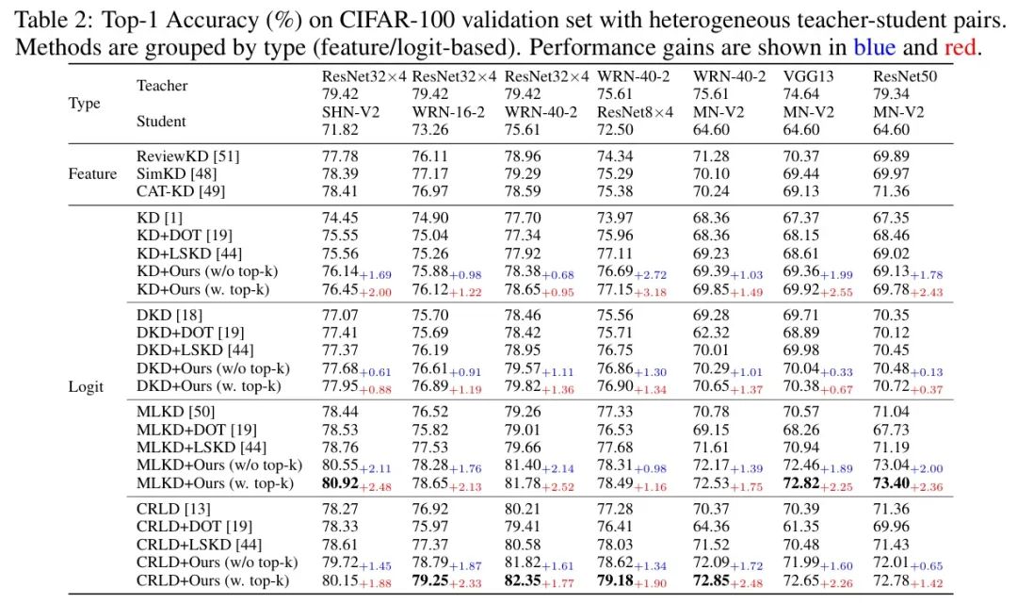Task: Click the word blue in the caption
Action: tap(874, 47)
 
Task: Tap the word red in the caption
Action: tap(960, 47)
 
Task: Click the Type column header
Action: tap(85, 104)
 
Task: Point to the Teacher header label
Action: tap(162, 85)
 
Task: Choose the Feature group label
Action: tap(92, 173)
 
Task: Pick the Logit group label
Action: tap(86, 387)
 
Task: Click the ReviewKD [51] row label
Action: tap(188, 155)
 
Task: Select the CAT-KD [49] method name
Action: tap(181, 191)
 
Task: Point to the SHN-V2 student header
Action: tap(351, 112)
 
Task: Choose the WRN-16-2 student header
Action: tap(448, 112)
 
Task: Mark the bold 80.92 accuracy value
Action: tap(340, 483)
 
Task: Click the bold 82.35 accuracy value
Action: tap(523, 580)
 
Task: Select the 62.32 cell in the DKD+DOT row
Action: tap(711, 333)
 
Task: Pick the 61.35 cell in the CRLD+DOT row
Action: tap(801, 527)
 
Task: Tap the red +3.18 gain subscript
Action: tap(650, 293)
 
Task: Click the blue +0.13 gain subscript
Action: tap(927, 372)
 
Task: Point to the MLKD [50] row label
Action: tap(175, 412)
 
